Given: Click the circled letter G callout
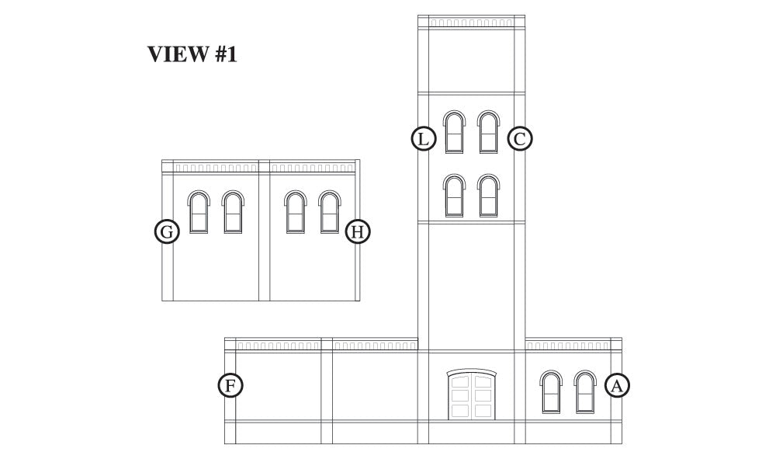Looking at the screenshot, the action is tap(167, 231).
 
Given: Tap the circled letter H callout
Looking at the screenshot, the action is tap(357, 231).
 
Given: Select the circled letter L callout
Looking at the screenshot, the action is tap(424, 139).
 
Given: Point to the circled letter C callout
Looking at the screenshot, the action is tap(520, 139).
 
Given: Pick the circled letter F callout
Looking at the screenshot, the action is tap(230, 385).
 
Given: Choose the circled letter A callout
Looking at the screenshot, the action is tap(617, 385).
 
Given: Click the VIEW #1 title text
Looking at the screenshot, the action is tap(192, 54).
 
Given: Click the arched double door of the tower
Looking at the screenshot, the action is tap(472, 395).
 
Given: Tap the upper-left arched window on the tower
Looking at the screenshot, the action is tap(454, 132).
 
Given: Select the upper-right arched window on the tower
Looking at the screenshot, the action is tap(488, 132).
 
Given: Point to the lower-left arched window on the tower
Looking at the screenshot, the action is tap(454, 196).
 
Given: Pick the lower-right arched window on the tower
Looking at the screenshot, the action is tap(488, 196).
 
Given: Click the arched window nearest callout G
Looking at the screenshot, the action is tap(199, 212).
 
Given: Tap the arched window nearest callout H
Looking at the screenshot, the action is tap(330, 212).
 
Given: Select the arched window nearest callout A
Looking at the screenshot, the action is tap(585, 391).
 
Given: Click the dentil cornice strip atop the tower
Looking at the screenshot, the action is tap(471, 23).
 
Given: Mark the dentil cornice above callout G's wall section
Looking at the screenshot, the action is tap(216, 167).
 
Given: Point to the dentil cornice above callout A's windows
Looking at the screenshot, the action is tap(568, 346).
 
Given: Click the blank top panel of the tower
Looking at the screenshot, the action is tap(471, 61).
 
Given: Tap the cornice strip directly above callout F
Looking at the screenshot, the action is tap(278, 346).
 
